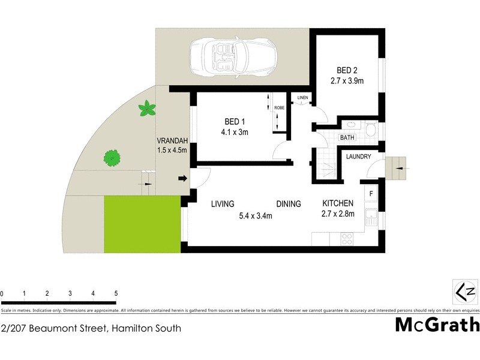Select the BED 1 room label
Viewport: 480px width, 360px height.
pos(232,121)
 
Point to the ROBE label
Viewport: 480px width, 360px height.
pos(279,108)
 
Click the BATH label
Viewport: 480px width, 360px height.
pos(347,137)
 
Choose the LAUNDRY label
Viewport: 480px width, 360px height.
pos(359,157)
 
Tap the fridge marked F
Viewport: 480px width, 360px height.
pos(371,193)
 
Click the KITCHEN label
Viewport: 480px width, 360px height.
pos(338,203)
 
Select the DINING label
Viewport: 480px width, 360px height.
pos(288,204)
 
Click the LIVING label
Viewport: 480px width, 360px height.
pos(222,204)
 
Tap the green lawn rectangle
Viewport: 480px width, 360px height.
pos(142,224)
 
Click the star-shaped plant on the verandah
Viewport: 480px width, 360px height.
pos(146,109)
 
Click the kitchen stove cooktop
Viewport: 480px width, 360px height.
pos(347,238)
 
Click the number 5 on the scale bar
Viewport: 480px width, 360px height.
pos(116,293)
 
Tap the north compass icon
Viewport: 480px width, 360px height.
pos(464,292)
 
